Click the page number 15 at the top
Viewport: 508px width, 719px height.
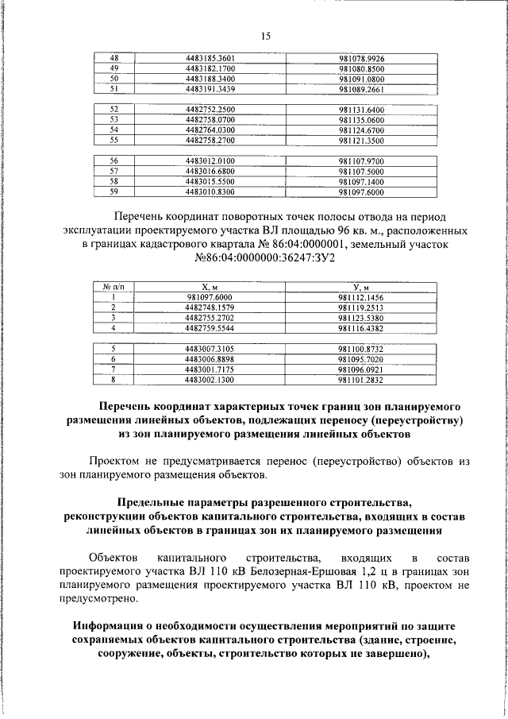click(265, 36)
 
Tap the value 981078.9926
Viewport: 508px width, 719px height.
click(361, 58)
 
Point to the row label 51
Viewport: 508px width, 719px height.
click(114, 89)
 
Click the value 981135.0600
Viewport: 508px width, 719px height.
click(361, 119)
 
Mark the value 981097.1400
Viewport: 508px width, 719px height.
click(361, 181)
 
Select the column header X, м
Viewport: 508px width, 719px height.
click(210, 286)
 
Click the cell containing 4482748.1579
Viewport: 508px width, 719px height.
click(210, 307)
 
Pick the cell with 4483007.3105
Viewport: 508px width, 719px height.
click(210, 348)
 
